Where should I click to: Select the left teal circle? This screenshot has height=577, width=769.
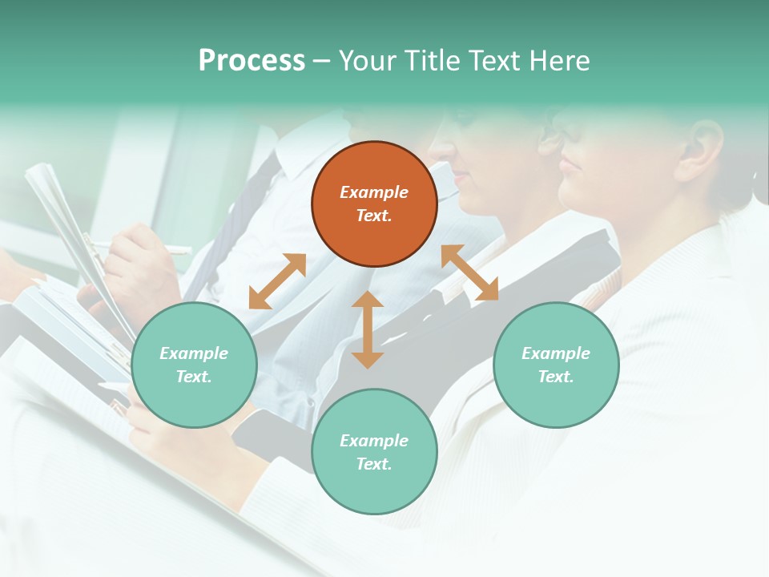tap(194, 365)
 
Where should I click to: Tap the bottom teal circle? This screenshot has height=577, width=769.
tap(374, 451)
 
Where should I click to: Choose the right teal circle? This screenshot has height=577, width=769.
tap(556, 365)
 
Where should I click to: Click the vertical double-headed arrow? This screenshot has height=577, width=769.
tap(368, 329)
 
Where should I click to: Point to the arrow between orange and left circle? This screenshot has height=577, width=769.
tap(277, 281)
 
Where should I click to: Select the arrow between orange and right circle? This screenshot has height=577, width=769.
tap(469, 272)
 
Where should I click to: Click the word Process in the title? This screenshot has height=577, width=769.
tap(252, 60)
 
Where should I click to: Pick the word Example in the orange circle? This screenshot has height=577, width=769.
tap(374, 192)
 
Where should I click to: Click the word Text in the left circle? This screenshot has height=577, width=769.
tap(194, 377)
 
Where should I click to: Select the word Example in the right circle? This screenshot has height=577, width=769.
tap(556, 353)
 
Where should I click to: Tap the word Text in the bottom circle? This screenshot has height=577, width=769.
tap(374, 464)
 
